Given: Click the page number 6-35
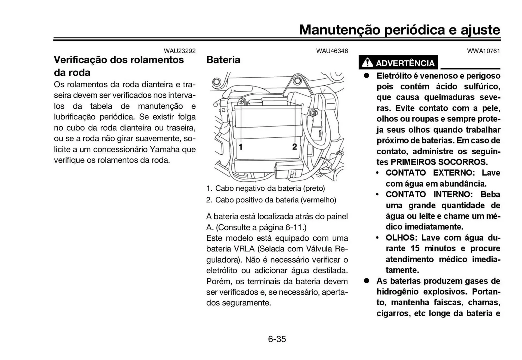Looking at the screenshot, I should (277, 339).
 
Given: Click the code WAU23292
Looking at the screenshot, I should (179, 51).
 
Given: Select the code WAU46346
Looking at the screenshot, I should (332, 51).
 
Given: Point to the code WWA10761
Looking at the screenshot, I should (483, 51).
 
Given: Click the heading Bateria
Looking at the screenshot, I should (223, 60).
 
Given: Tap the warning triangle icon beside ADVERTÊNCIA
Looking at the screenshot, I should (367, 63).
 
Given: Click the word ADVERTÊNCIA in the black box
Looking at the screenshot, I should (405, 63).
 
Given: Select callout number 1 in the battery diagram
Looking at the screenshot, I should (241, 147).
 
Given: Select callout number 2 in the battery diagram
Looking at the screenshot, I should (294, 147).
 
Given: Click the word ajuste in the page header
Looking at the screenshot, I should (480, 29).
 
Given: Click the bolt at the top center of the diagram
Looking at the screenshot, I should (297, 81).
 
